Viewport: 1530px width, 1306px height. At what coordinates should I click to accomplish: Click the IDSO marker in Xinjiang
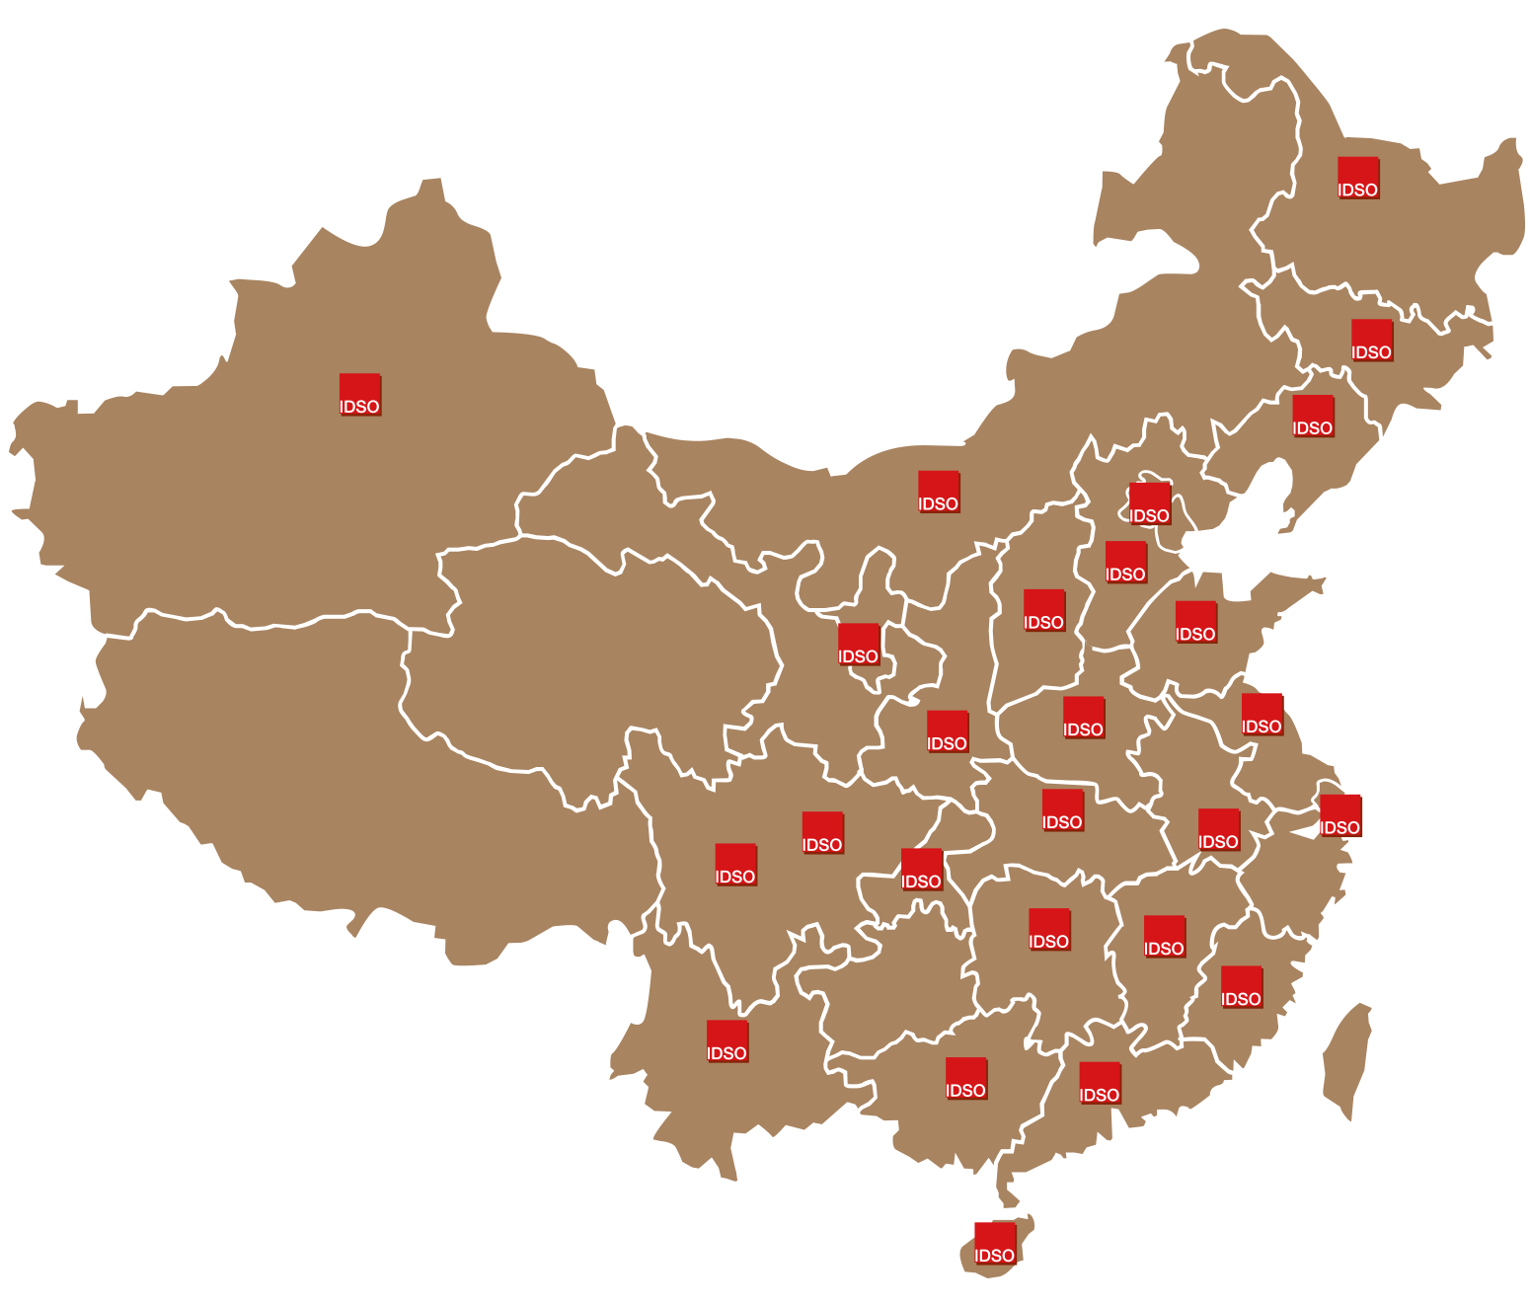point(360,395)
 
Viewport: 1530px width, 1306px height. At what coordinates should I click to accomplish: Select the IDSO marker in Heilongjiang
point(1358,179)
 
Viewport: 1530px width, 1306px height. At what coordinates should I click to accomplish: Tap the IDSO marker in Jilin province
point(1372,341)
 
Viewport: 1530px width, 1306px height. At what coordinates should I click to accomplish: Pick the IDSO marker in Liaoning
point(1313,417)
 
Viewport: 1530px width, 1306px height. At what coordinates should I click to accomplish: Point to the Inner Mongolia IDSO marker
point(939,493)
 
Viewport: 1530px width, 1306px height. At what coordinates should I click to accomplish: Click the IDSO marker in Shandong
point(1196,623)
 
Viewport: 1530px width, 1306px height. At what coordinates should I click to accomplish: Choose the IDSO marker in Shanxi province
point(1044,611)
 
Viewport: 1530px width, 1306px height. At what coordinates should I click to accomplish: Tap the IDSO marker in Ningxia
point(859,646)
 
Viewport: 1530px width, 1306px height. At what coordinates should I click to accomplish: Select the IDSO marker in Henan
point(1084,718)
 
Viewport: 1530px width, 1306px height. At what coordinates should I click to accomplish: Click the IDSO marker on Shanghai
point(1340,816)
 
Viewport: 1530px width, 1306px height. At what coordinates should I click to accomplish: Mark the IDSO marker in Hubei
point(1063,810)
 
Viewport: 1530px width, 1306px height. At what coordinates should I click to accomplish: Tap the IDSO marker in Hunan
point(1049,930)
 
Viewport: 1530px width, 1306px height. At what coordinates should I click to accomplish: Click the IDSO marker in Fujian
point(1242,987)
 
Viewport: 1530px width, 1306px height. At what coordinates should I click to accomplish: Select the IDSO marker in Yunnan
point(727,1041)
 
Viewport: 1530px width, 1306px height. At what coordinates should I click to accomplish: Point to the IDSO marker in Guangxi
point(966,1079)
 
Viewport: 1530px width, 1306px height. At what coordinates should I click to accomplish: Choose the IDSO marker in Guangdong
point(1100,1083)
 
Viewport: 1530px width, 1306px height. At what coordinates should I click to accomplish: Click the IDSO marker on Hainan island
point(995,1244)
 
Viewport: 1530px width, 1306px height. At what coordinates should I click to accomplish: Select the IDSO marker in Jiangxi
point(1165,937)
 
